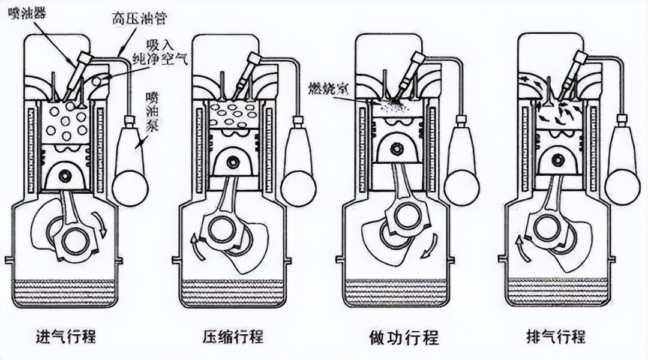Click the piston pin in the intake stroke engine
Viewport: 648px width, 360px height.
[64, 174]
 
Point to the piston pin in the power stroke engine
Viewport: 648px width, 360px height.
[396, 148]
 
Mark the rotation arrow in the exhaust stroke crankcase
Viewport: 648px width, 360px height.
[520, 247]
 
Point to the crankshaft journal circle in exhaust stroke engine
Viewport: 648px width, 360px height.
[545, 227]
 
